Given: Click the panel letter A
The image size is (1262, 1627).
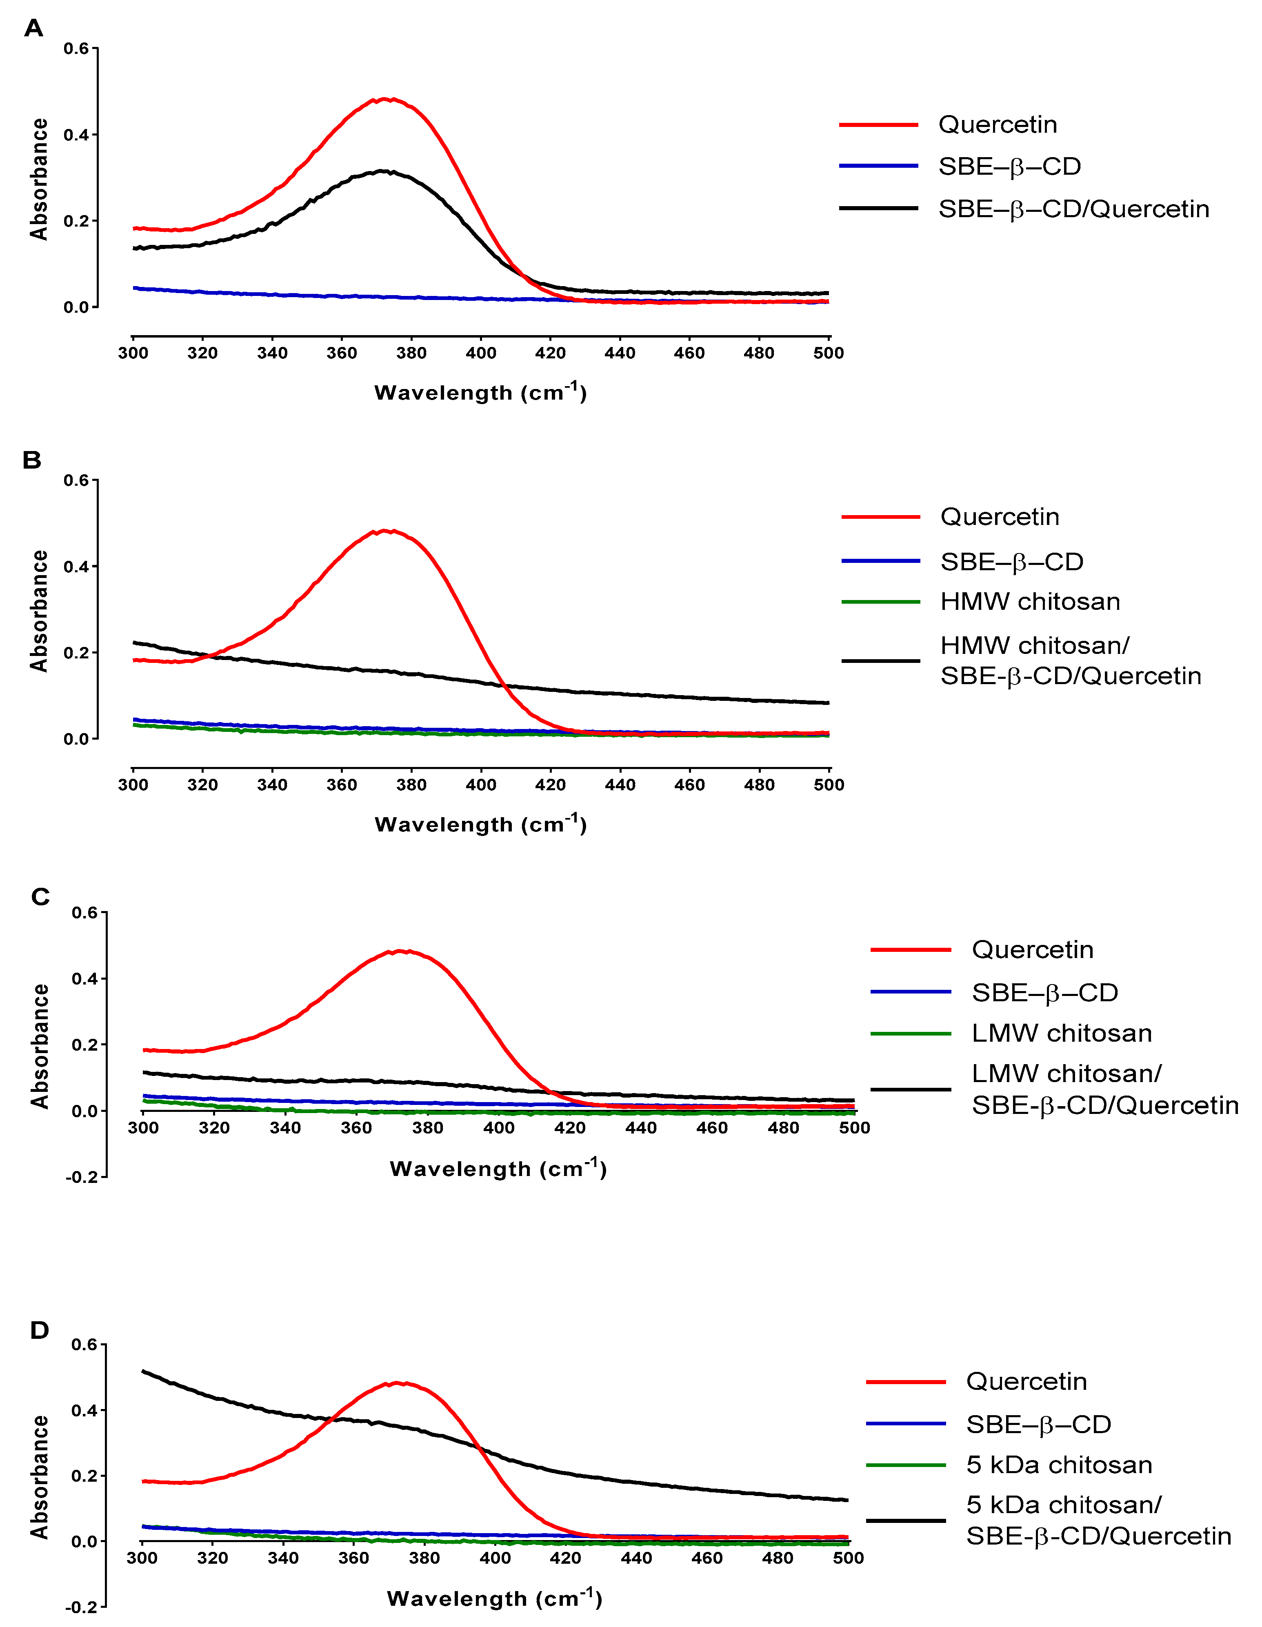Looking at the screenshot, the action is pos(33,28).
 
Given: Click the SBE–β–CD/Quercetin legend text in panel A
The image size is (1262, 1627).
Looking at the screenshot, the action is pos(1073,209).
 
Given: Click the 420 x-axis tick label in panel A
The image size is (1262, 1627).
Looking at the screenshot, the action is pos(551,353).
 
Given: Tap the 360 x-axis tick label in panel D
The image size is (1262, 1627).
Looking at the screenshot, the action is pos(354,1558).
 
